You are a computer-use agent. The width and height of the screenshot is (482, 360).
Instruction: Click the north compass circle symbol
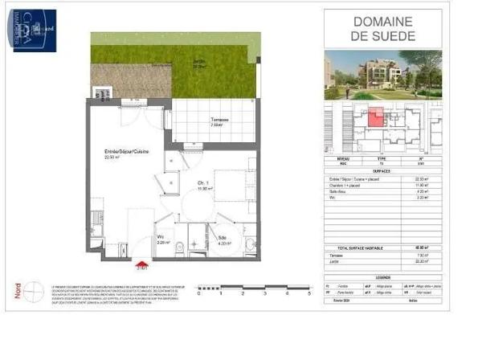pos(33,290)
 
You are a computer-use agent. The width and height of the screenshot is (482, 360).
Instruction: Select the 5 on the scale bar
pos(308,294)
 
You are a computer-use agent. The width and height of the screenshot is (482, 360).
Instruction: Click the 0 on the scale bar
pos(198,294)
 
